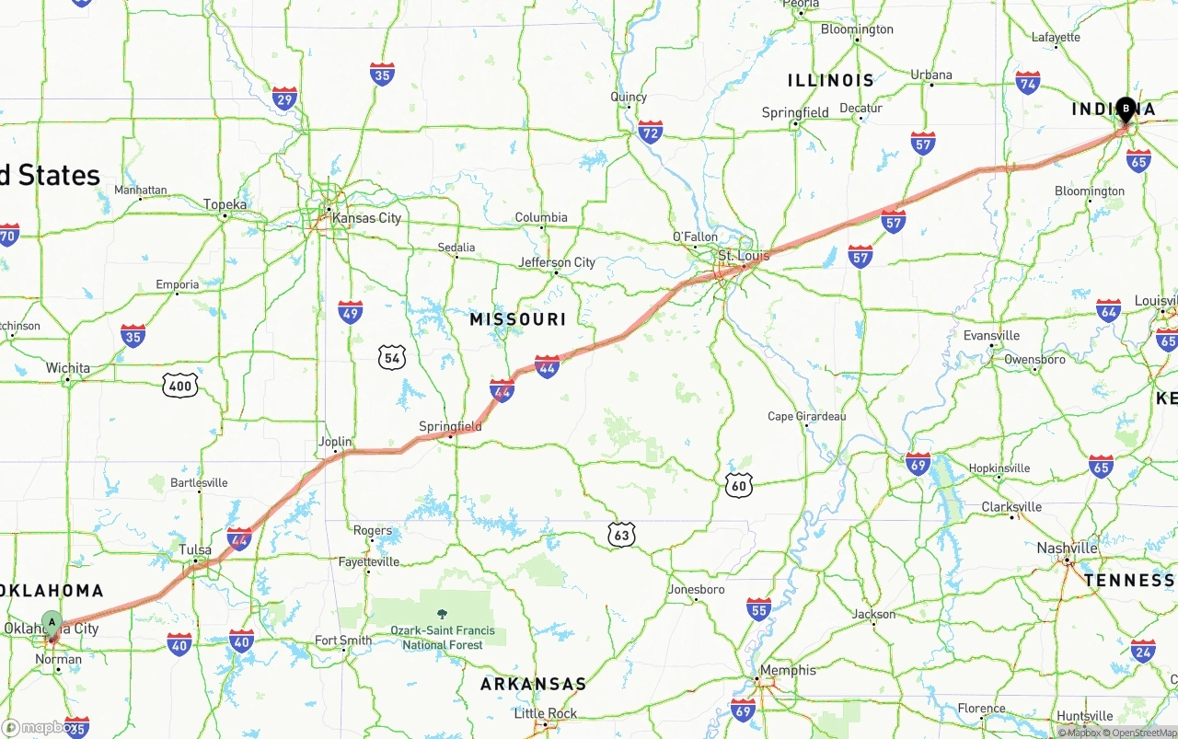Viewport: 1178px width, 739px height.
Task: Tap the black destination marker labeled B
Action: coord(1126,110)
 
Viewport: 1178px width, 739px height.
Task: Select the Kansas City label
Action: coord(366,218)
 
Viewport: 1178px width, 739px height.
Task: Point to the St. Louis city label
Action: coord(744,255)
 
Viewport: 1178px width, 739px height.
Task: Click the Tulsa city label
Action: coord(195,550)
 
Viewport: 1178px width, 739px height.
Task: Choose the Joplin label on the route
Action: coord(335,442)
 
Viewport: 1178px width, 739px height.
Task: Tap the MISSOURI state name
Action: coord(518,319)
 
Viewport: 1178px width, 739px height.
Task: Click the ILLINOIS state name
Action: coord(831,81)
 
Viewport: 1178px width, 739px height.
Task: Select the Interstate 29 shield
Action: coord(284,99)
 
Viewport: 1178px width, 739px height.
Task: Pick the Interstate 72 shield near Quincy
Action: coord(651,133)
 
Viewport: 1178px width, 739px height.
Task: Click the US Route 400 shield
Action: coord(180,386)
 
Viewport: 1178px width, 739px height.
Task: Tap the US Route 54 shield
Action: coord(391,357)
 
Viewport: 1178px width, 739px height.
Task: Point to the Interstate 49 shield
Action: coord(350,312)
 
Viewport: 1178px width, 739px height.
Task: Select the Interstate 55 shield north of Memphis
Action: coord(758,608)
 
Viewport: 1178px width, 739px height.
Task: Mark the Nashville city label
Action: coord(1068,548)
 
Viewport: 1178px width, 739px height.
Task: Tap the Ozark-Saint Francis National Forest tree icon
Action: coord(443,614)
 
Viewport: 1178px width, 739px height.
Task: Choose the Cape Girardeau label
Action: coord(806,417)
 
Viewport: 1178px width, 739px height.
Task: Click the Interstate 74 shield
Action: coord(1028,83)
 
